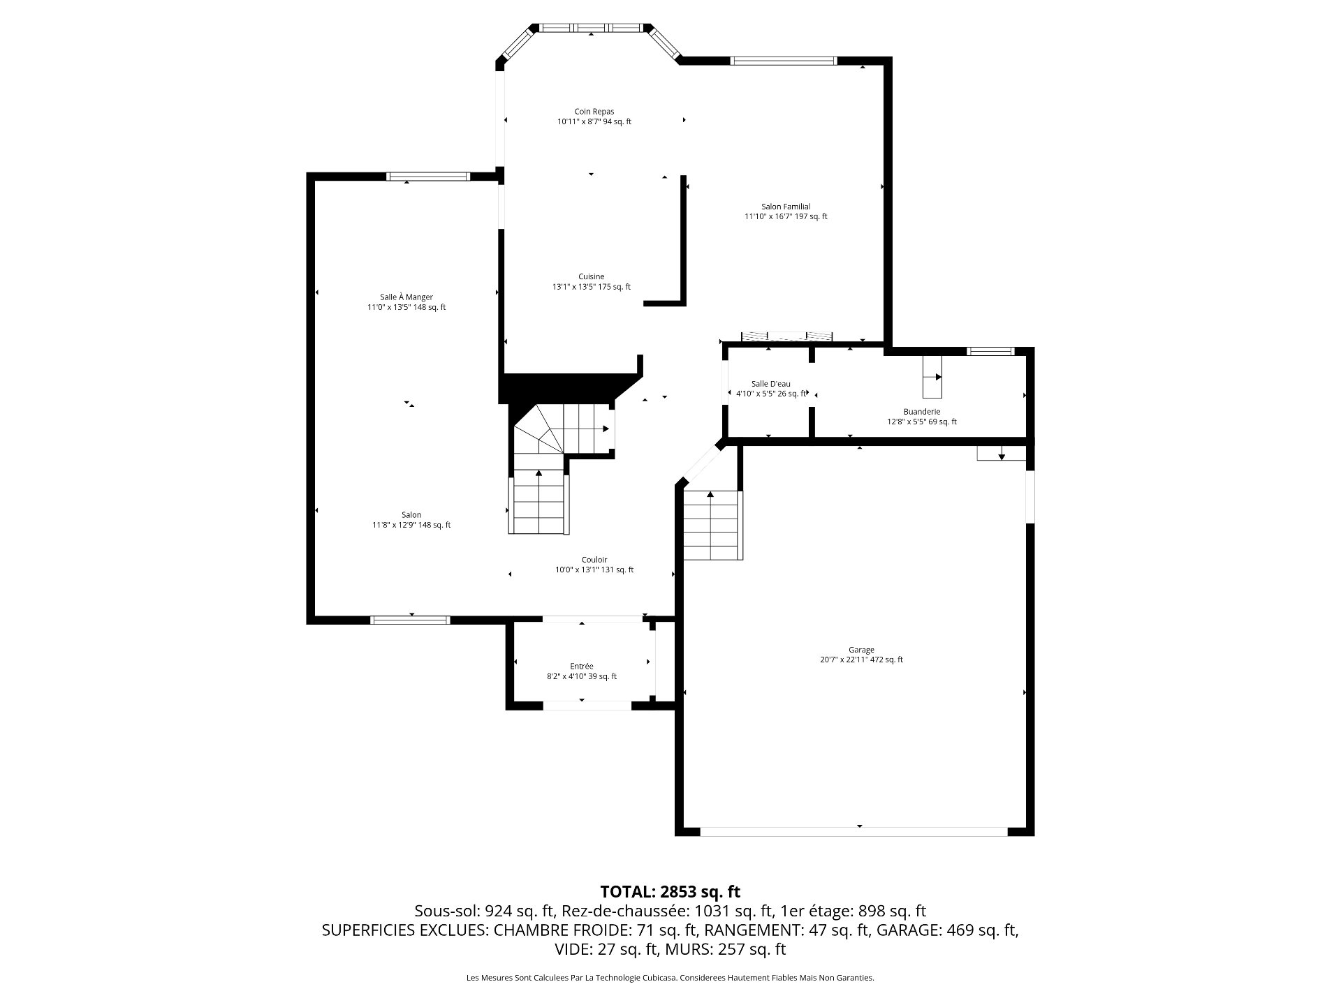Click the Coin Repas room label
pos(594,112)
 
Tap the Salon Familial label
pos(786,207)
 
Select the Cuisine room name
pos(591,276)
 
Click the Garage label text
pos(861,650)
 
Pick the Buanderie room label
pos(922,412)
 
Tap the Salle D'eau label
pos(771,384)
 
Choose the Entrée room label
pos(582,667)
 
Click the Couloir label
pos(594,560)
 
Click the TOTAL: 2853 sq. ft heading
pos(670,892)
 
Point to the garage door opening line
pos(853,832)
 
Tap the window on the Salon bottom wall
pos(410,620)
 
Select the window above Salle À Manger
pos(428,176)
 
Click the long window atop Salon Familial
pos(783,61)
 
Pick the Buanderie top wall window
pos(990,351)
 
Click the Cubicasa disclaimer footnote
pos(670,978)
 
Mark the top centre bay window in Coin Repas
pos(591,28)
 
